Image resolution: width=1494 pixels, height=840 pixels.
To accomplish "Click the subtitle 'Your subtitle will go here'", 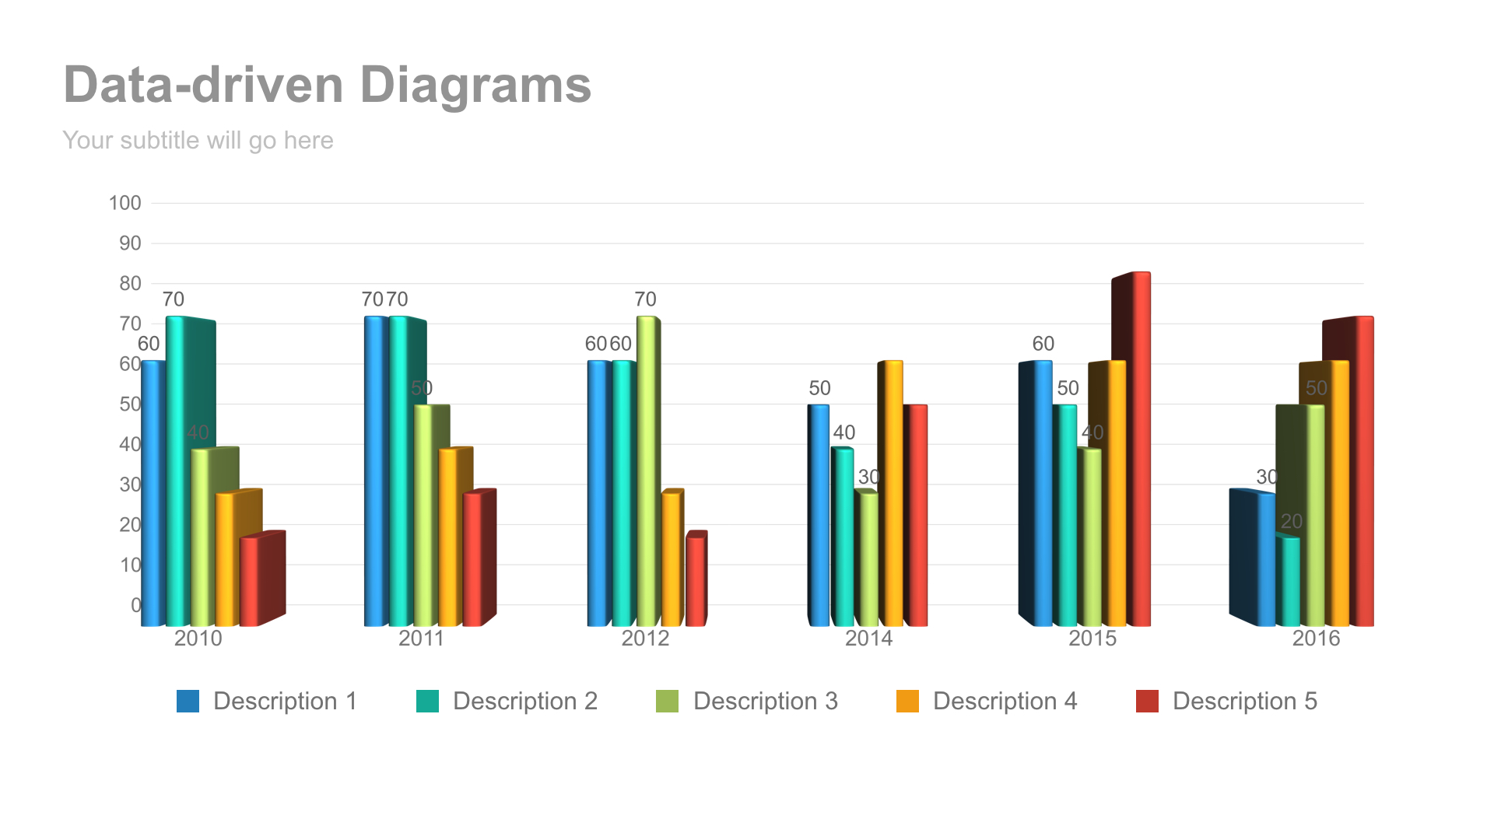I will [198, 141].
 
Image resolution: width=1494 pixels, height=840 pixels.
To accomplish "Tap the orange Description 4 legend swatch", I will [907, 701].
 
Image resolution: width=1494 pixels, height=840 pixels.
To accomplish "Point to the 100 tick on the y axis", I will [125, 204].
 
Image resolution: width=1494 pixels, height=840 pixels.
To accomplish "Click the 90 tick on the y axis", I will [130, 243].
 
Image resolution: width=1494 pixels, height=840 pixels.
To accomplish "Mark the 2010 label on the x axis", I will [198, 639].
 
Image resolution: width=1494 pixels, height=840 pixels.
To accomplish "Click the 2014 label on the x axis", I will [868, 639].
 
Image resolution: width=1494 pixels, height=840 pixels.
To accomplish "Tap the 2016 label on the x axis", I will [1316, 639].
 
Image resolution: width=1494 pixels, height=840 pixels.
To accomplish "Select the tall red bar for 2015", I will [1141, 451].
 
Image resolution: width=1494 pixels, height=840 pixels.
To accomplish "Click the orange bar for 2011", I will [448, 537].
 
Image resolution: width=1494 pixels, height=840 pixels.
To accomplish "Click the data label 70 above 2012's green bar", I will [645, 299].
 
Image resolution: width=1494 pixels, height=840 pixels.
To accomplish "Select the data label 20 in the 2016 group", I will [1292, 521].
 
